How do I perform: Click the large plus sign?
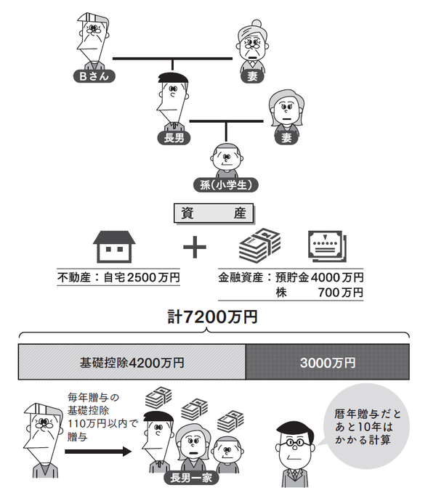(193, 249)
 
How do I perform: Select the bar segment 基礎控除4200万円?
(132, 361)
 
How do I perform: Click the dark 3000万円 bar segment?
(326, 361)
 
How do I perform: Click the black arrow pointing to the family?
(97, 452)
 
